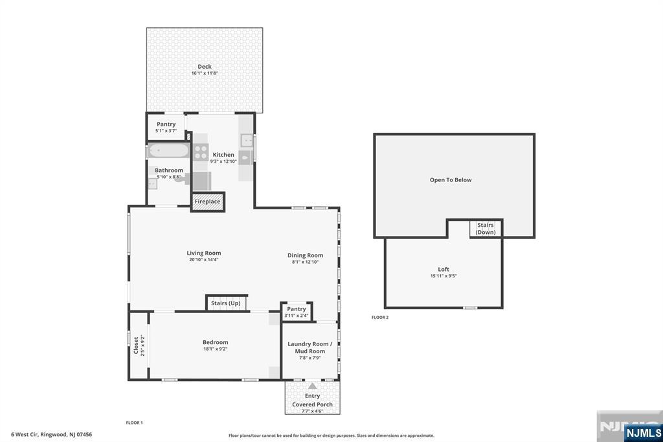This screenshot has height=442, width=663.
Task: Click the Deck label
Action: [205, 67]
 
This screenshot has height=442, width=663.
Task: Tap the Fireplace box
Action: [208, 202]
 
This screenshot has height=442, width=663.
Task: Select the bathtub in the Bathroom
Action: [169, 150]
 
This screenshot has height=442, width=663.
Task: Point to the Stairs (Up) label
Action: [226, 303]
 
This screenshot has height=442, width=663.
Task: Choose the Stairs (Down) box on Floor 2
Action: [486, 228]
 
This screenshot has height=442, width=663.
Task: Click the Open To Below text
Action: [451, 180]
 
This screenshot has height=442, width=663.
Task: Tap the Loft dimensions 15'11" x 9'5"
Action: [444, 276]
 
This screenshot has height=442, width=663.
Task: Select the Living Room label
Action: [204, 253]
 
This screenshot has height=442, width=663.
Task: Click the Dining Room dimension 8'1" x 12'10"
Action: [305, 262]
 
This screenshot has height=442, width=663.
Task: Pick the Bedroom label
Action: [215, 342]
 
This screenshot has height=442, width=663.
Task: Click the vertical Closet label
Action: [136, 345]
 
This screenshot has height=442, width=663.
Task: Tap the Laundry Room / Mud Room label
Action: [310, 347]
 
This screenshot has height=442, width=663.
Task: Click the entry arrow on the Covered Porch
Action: [312, 386]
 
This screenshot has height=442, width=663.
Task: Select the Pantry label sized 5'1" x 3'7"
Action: [166, 124]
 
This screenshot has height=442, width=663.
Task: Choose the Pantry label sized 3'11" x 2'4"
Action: [297, 309]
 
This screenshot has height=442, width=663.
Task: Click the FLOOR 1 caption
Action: [135, 423]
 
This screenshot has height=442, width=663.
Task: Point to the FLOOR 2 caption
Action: [380, 317]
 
